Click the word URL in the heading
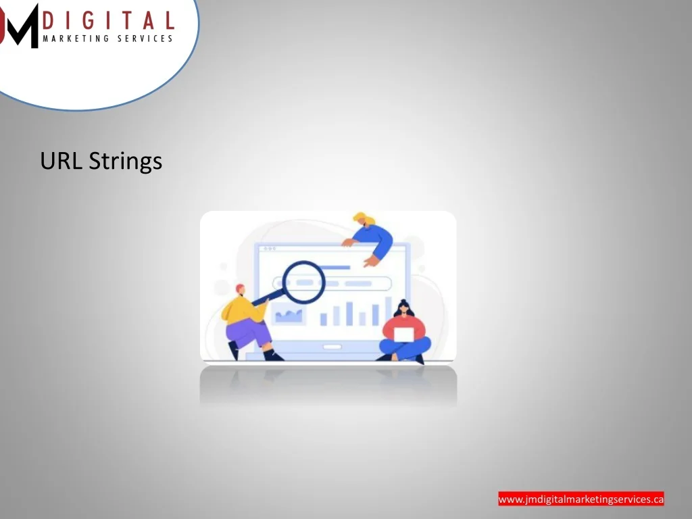pos(61,161)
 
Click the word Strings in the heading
pos(126,162)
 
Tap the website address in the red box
pos(580,499)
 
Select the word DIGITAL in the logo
pos(109,21)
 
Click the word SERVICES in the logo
pos(145,39)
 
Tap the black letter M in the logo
pos(20,26)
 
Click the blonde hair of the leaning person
pos(363,218)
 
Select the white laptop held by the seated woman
pos(403,335)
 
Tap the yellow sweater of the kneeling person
pos(243,310)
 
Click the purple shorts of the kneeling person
pos(248,334)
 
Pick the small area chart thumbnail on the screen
pos(289,315)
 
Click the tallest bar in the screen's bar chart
pos(389,311)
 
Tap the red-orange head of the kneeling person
pos(240,289)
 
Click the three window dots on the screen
pos(269,249)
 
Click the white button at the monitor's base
pos(332,347)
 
